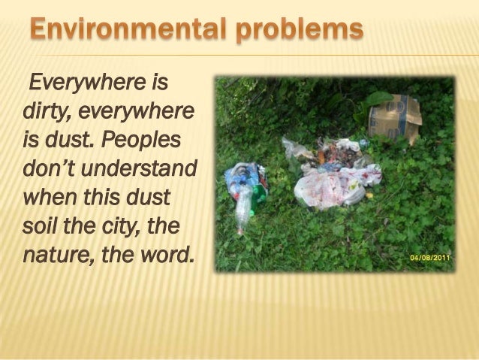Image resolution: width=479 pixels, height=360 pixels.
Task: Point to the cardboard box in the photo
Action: pos(394,116)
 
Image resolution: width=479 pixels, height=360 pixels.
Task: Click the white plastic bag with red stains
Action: pos(330,184)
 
